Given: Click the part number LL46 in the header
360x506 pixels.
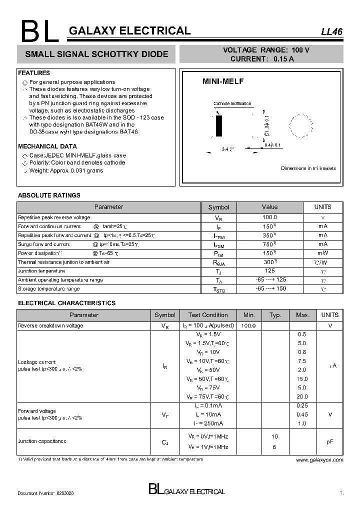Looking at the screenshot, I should pos(331,31).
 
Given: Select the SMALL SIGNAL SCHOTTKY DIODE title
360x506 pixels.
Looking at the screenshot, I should pos(96,54).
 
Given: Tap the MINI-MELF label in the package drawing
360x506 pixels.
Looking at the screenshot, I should pos(222,81).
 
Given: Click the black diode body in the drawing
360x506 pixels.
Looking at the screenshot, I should pos(218,126).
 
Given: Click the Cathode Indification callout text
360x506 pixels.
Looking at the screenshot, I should pos(232,104).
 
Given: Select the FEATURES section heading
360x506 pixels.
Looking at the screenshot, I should pos(34,73).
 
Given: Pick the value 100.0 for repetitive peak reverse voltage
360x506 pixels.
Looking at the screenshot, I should pos(269,217).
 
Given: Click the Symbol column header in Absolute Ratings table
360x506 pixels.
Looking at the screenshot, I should pos(218,207).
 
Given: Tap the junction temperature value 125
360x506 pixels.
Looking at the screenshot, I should pos(269,270).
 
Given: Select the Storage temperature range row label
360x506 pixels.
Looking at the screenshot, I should pos(49,289).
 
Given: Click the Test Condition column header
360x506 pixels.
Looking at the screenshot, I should pos(208,315).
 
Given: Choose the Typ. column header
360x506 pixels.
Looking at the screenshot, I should pos(275,315).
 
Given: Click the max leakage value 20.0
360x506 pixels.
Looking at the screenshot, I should pos(302,396).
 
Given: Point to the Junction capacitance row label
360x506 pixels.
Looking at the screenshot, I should pos(42,441).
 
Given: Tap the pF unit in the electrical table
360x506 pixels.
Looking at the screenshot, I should pos(329,441).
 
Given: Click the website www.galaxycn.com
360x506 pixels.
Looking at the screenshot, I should pos(319,459).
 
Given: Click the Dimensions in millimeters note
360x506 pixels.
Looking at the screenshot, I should pos(308,168).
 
